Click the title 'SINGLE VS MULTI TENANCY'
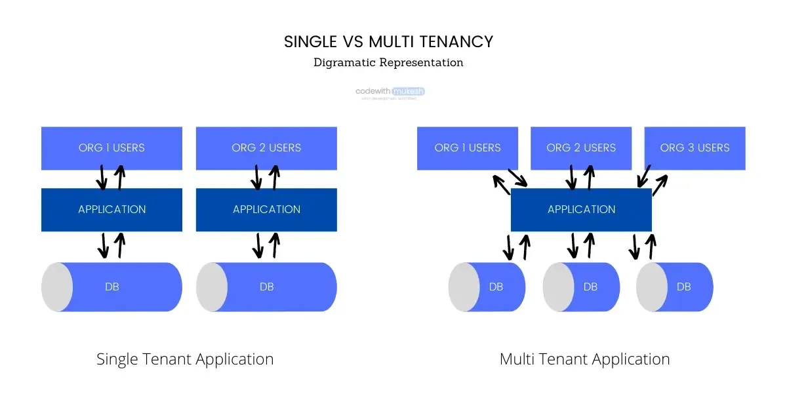click(x=388, y=42)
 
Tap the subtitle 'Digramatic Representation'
click(x=388, y=63)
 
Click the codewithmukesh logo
click(x=390, y=92)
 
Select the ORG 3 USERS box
click(x=695, y=148)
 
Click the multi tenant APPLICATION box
click(x=581, y=210)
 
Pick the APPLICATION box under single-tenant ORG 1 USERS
click(x=111, y=210)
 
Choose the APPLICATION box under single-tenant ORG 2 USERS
click(x=266, y=210)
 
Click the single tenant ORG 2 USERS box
click(x=266, y=148)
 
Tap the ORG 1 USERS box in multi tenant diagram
click(x=467, y=148)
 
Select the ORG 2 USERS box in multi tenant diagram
click(x=581, y=148)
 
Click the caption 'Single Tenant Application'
click(x=185, y=359)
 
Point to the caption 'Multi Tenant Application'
click(x=584, y=359)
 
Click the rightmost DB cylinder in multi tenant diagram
click(x=682, y=287)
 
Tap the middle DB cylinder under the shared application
click(x=588, y=287)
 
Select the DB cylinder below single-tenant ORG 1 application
click(x=118, y=287)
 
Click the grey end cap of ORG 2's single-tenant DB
click(x=212, y=287)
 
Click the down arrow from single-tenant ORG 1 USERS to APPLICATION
click(x=102, y=177)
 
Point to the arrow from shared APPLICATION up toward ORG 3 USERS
click(x=660, y=185)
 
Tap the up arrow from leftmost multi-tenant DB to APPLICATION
click(x=524, y=246)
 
